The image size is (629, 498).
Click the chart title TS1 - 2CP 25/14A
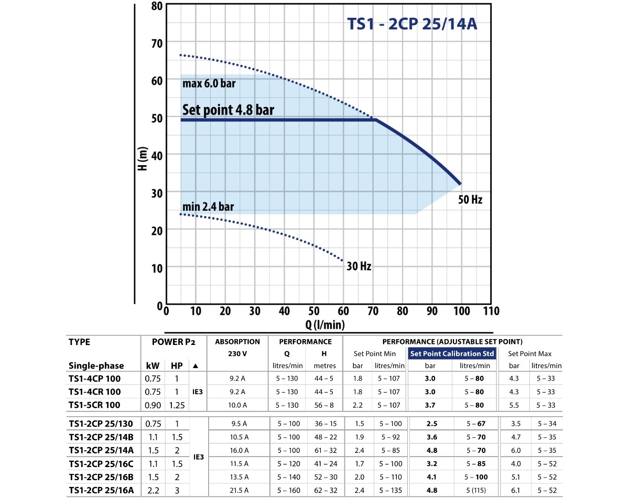pyautogui.click(x=412, y=25)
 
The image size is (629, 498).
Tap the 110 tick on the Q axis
pyautogui.click(x=491, y=311)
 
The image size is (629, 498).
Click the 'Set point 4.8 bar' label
pyautogui.click(x=228, y=110)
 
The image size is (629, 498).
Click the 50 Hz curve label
pyautogui.click(x=470, y=200)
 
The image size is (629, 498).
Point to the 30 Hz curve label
pyautogui.click(x=359, y=266)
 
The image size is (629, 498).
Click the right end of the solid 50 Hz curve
pyautogui.click(x=461, y=183)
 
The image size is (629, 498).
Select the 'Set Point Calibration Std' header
pyautogui.click(x=452, y=354)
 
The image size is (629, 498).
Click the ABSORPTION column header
pyautogui.click(x=237, y=342)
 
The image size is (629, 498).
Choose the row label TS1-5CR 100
pyautogui.click(x=94, y=405)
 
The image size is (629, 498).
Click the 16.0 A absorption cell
pyautogui.click(x=237, y=450)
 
